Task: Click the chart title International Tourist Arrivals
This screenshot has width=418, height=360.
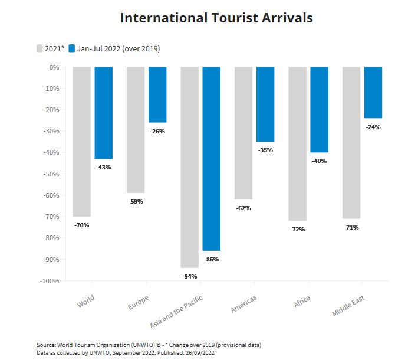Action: point(216,18)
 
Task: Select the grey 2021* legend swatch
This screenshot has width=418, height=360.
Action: point(40,48)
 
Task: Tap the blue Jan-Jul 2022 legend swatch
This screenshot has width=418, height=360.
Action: point(72,48)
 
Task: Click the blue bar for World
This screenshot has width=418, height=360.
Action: point(103,113)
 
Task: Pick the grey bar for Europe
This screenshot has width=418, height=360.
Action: point(136,130)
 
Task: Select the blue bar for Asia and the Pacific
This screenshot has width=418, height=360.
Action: point(211,159)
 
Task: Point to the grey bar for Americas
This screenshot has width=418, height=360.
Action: point(243,133)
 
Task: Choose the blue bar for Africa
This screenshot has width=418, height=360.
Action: point(319,110)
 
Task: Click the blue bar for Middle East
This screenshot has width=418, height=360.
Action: point(373,93)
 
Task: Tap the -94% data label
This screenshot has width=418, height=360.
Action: point(189,276)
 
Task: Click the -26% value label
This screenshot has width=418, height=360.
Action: point(157,131)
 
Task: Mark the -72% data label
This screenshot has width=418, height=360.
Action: point(297,229)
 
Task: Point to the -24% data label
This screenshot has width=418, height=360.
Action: point(373,127)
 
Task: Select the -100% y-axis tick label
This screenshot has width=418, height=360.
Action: point(50,281)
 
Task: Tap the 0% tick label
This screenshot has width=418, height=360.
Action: point(54,67)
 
